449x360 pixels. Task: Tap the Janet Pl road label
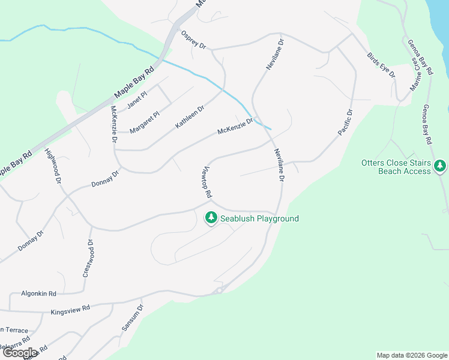(x=136, y=100)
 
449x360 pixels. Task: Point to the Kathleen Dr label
(x=190, y=117)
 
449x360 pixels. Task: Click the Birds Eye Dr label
(x=381, y=65)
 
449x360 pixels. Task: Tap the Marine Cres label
(x=414, y=77)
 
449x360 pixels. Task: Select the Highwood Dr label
(x=53, y=166)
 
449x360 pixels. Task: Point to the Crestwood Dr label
(x=87, y=258)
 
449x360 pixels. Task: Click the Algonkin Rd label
(x=38, y=293)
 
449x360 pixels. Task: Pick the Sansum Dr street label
(x=133, y=318)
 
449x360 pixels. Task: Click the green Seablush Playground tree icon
(x=211, y=218)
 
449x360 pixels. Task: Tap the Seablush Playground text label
(x=259, y=218)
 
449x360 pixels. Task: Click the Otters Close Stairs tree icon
(x=440, y=165)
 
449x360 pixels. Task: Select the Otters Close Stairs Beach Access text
(x=396, y=167)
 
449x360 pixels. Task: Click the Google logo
(x=20, y=353)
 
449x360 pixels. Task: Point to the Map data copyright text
(x=411, y=355)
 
